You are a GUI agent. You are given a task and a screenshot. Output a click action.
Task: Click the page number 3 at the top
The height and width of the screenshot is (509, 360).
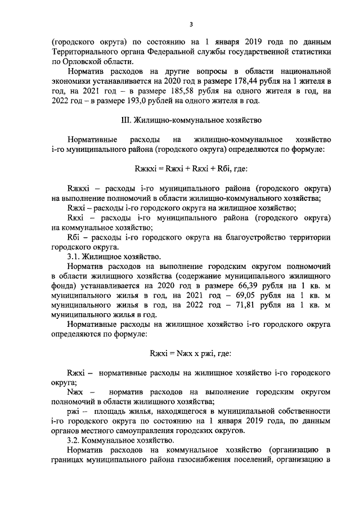[x=191, y=24]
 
